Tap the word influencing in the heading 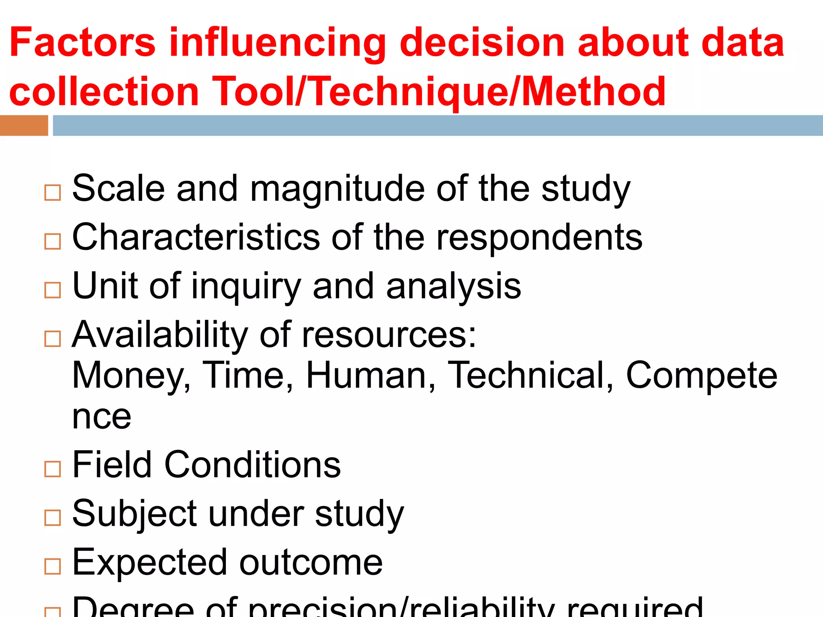277,43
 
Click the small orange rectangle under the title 24,125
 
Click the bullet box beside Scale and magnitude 53,193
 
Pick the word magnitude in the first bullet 338,190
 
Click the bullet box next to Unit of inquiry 53,290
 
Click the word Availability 160,335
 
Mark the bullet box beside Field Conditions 53,469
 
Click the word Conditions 252,465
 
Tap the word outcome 311,562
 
